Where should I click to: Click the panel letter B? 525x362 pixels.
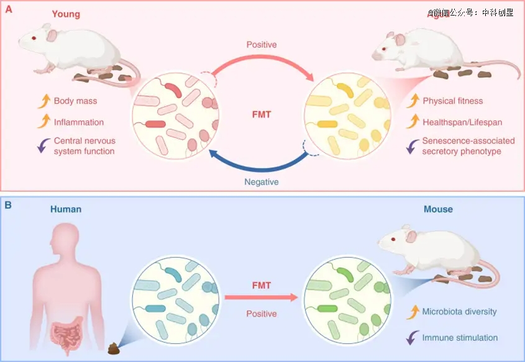(x=8, y=203)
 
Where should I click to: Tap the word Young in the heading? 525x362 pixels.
(x=66, y=14)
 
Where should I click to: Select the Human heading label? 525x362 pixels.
(x=66, y=209)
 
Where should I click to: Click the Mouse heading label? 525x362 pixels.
(x=438, y=209)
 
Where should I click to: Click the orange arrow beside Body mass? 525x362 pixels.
(x=43, y=100)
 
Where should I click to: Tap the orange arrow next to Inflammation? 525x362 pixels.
(x=43, y=122)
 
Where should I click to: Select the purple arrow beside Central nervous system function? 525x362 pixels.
(x=43, y=145)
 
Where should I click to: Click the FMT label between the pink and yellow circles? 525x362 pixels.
(x=262, y=115)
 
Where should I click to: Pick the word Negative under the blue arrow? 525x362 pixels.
(x=262, y=182)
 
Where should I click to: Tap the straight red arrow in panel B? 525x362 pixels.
(x=261, y=297)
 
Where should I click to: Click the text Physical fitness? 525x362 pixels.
(x=452, y=101)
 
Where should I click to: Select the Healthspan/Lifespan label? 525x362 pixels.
(x=462, y=122)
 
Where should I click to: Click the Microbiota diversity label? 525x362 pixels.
(x=459, y=311)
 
